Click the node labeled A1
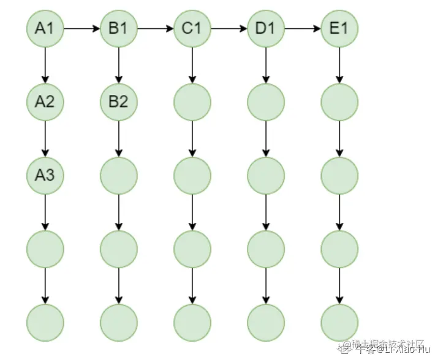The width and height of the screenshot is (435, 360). coord(45,28)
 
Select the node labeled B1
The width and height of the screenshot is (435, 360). coord(119,28)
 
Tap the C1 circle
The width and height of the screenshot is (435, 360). coord(192,28)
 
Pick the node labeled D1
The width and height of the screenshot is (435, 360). coord(266,28)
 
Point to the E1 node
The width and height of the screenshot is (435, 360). coord(339,28)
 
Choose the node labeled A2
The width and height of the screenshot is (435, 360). coord(45,102)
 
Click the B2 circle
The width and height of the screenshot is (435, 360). coord(119,102)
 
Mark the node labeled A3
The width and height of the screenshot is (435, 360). coord(45,175)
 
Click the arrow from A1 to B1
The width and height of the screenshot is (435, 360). coord(82,28)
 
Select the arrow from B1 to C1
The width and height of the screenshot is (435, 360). coord(156,28)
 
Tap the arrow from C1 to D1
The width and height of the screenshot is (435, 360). coord(229,28)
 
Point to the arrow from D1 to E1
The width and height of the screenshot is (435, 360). coord(303,28)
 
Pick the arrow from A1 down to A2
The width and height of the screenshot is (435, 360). coord(45,65)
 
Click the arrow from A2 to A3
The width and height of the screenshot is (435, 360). coord(45,138)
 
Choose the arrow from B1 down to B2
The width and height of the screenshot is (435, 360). coord(119,65)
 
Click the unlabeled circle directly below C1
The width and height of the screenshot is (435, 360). coord(192,102)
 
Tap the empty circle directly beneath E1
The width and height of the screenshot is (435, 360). coord(339,102)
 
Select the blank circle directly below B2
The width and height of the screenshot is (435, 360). coord(119,175)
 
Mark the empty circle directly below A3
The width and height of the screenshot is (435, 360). coord(45,249)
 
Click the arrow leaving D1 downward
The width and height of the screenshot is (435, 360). coord(266,65)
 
